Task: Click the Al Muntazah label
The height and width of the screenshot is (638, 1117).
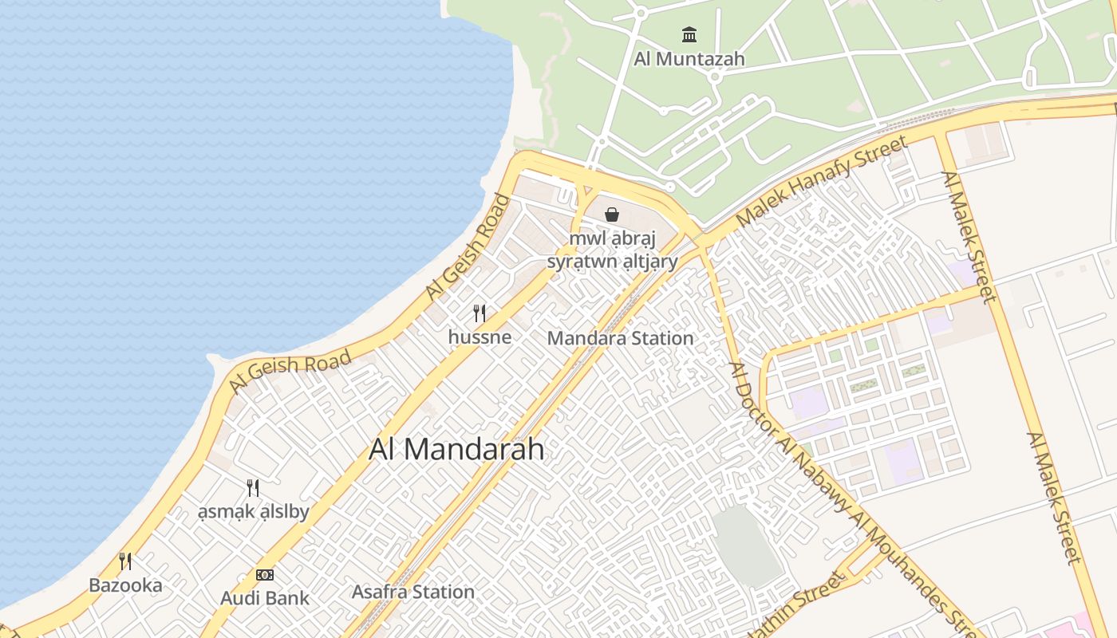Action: (x=689, y=58)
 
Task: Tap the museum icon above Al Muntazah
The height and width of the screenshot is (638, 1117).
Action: (x=689, y=34)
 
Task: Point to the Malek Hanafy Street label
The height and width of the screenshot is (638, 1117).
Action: (x=822, y=182)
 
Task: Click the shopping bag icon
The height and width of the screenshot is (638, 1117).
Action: (x=612, y=214)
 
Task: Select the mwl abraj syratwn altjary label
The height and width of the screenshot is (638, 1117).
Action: (x=612, y=250)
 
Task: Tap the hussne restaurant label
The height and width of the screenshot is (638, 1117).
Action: (x=480, y=337)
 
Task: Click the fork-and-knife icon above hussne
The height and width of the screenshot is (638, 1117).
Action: (x=480, y=313)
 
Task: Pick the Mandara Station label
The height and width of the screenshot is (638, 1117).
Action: (x=620, y=338)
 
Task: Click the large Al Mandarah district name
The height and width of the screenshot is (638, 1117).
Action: (x=456, y=449)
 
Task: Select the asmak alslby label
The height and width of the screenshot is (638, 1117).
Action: (x=253, y=511)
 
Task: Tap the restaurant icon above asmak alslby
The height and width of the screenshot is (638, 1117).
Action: (x=253, y=487)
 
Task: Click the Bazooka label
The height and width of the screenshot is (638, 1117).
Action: (x=125, y=585)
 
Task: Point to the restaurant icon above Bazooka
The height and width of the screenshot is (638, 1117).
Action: (x=125, y=561)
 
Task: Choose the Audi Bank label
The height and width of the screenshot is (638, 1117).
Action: (x=265, y=597)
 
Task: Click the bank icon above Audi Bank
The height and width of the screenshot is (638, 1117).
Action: (x=265, y=574)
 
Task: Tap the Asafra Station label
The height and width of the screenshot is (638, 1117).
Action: (x=413, y=592)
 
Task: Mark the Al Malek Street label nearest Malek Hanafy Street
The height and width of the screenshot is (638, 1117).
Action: (x=969, y=237)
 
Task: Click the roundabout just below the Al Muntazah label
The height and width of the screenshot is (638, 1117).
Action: (x=716, y=77)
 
